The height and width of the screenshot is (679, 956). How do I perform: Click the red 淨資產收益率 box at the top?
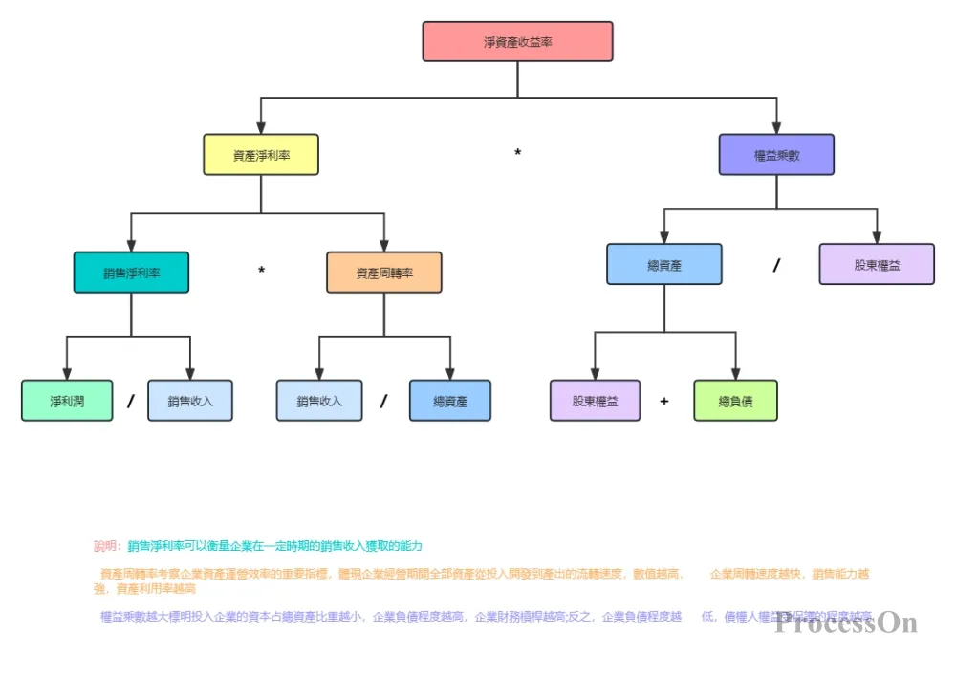point(517,42)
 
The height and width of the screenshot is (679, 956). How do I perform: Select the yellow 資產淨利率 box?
point(261,154)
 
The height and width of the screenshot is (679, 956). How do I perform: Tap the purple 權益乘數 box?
point(776,154)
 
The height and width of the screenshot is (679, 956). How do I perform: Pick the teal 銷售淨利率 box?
point(131,273)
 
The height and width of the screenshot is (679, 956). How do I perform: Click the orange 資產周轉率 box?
point(384,273)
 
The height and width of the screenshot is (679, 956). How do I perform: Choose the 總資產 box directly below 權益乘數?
point(664,264)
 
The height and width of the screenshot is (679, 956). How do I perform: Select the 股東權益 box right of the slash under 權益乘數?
point(877,264)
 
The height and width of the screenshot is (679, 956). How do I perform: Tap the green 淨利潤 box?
point(66,401)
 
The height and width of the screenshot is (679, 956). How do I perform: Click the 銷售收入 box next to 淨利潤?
point(190,401)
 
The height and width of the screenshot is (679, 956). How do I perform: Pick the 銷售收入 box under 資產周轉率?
point(319,401)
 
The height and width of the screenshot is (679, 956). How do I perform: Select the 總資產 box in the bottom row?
point(450,401)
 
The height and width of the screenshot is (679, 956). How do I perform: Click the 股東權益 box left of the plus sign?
point(595,401)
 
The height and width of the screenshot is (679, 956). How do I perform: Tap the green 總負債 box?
point(735,401)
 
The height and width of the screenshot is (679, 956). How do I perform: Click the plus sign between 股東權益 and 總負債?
point(664,402)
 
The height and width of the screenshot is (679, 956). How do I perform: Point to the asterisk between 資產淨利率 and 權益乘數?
point(517,154)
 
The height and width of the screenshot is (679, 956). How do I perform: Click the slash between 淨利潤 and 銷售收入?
point(130,402)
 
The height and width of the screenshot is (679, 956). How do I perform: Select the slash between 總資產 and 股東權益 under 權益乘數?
point(776,266)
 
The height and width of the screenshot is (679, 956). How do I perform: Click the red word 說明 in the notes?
point(105,546)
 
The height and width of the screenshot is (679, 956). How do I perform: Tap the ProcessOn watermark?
point(846,624)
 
